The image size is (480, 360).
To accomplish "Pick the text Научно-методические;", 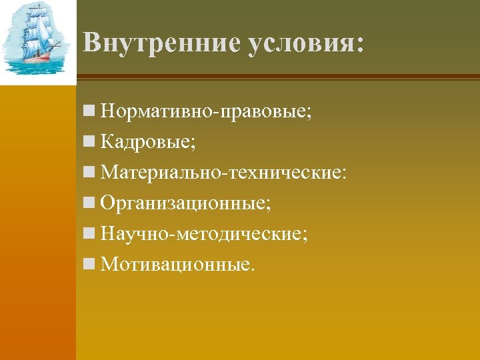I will click(204, 234).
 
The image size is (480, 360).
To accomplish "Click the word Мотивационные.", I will click(177, 265).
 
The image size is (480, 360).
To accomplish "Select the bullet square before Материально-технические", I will click(89, 173).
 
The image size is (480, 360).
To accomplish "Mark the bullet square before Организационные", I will click(89, 204).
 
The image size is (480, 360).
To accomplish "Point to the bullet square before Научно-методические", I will click(89, 235).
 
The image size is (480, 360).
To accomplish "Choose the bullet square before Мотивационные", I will click(89, 265).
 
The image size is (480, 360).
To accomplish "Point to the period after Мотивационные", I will click(252, 270).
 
